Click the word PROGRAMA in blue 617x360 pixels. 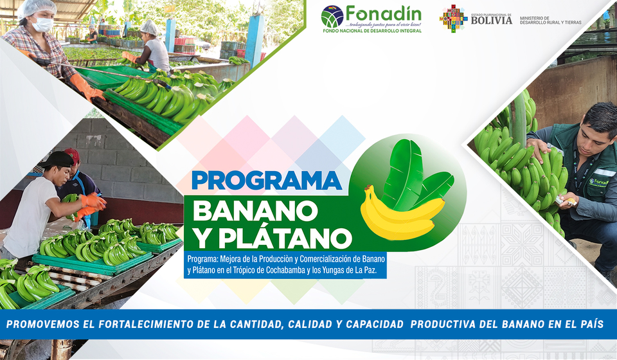266,181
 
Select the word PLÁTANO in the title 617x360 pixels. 285,238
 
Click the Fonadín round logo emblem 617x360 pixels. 332,17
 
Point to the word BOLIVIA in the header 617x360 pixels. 492,21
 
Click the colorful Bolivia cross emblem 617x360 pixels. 453,18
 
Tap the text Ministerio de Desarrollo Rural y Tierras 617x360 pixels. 551,21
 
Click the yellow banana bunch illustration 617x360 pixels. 401,212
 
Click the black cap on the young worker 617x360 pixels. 57,159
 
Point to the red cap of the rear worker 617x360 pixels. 73,154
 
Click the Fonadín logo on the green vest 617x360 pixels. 598,183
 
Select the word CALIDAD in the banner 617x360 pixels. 310,324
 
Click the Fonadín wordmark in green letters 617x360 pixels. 383,15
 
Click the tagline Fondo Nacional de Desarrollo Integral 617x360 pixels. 372,30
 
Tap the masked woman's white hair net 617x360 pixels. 37,8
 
